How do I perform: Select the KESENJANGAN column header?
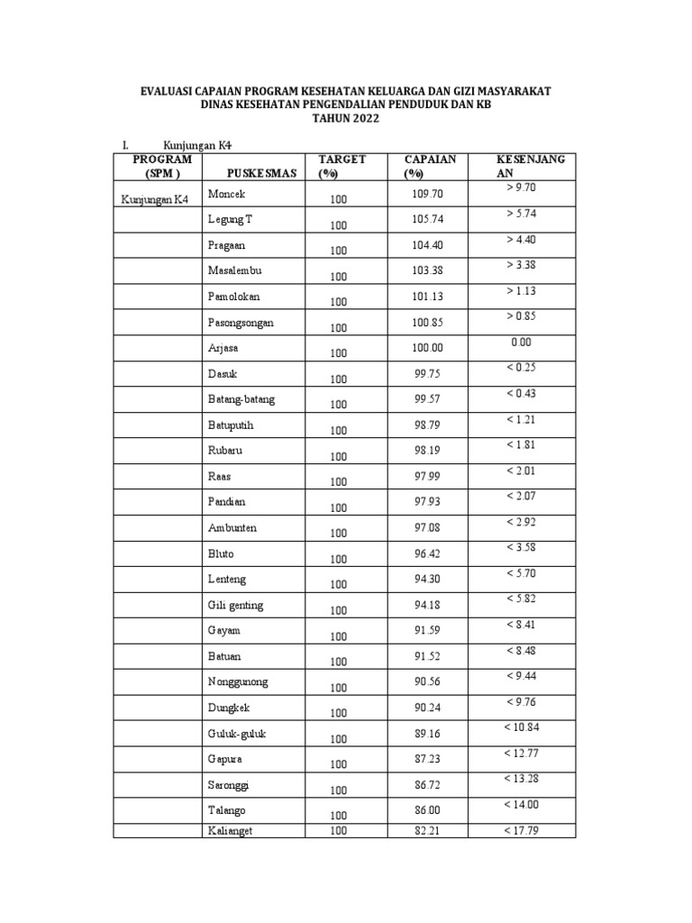point(531,166)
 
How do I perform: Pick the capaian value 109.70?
point(428,194)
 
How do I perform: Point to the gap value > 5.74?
point(522,214)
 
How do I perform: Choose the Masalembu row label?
point(235,270)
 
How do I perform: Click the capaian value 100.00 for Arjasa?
point(428,348)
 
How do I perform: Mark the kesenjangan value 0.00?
point(522,342)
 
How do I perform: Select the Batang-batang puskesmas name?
point(241,399)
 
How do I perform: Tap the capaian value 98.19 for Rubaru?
point(428,450)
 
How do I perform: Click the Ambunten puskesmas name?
point(232,527)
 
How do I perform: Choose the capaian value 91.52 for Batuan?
point(428,656)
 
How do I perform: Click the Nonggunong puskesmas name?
point(238,681)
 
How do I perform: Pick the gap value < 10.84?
point(522,727)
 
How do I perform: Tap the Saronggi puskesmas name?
point(230,784)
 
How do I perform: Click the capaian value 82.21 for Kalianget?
point(428,830)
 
